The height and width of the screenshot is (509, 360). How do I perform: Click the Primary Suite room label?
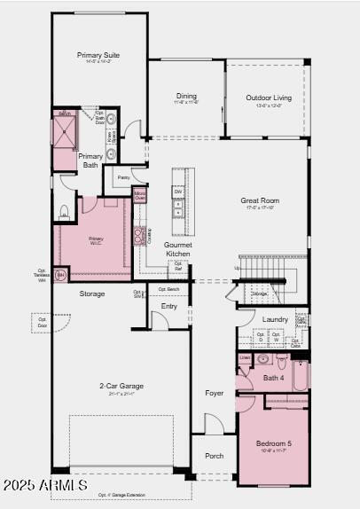pos(99,56)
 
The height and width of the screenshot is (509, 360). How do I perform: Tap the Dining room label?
pos(186,97)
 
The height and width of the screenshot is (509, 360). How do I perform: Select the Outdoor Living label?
pos(269,98)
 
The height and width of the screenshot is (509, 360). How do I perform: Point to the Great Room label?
pos(260,201)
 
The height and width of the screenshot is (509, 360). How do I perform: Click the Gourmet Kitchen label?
pos(178,249)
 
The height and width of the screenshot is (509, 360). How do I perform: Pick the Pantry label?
pos(123,177)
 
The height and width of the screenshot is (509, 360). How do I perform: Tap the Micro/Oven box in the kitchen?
pos(140,195)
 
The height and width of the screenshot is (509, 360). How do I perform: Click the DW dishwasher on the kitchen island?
pos(178,192)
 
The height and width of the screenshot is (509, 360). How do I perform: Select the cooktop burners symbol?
pos(139,236)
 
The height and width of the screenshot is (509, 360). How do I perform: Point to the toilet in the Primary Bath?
pos(65,212)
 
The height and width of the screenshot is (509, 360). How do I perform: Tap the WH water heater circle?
pos(60,276)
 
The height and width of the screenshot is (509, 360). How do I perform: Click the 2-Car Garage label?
pos(121,386)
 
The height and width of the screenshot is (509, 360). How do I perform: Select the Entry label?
pos(168,306)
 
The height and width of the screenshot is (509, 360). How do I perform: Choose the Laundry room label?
pos(275,319)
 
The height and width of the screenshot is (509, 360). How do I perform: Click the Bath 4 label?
pos(274,379)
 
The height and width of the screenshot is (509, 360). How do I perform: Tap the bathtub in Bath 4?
pos(300,374)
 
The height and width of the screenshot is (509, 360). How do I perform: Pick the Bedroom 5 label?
pos(274,443)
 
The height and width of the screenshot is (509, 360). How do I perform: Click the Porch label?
pos(215,456)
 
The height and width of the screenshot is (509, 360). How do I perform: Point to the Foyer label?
pos(215,393)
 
